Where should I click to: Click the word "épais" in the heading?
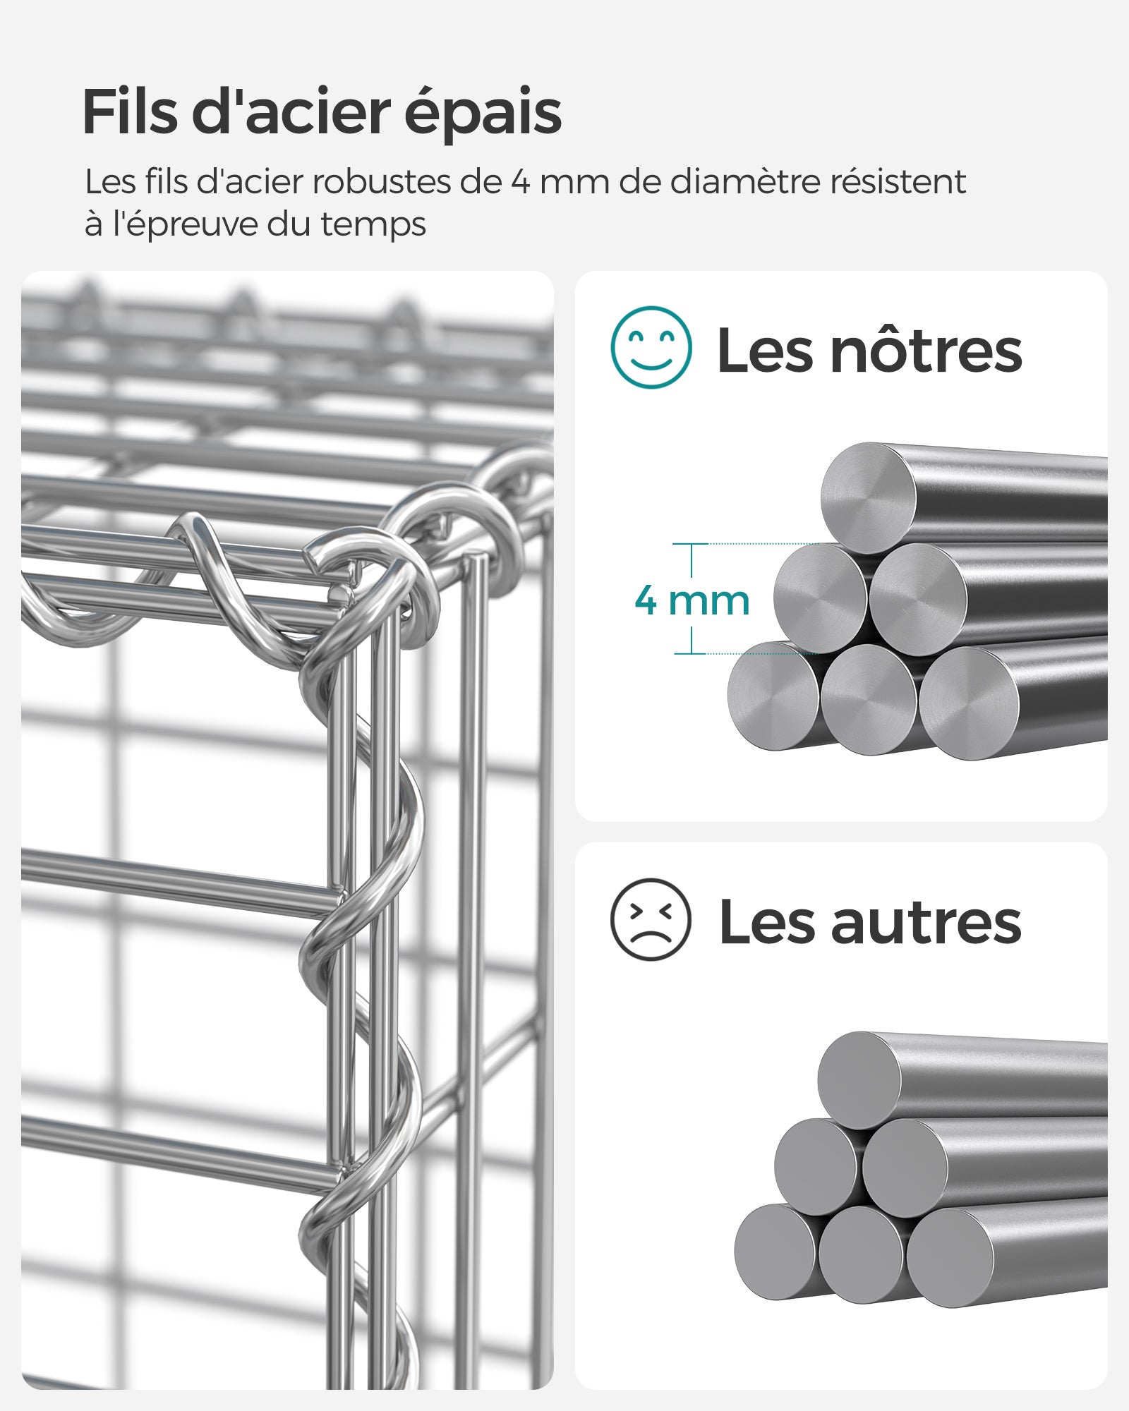[483, 113]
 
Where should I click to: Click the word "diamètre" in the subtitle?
[744, 182]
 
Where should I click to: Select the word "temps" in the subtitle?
[373, 225]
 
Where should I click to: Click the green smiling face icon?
[651, 347]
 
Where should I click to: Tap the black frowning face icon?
[651, 919]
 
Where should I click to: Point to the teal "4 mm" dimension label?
[692, 600]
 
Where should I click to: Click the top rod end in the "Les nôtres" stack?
[868, 498]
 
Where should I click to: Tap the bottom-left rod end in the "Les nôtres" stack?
[773, 696]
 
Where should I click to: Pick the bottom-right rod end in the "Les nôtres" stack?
[969, 703]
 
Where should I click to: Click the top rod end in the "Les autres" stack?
[859, 1080]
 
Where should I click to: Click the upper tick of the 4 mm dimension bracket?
[691, 544]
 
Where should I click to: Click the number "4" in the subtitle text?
[520, 182]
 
